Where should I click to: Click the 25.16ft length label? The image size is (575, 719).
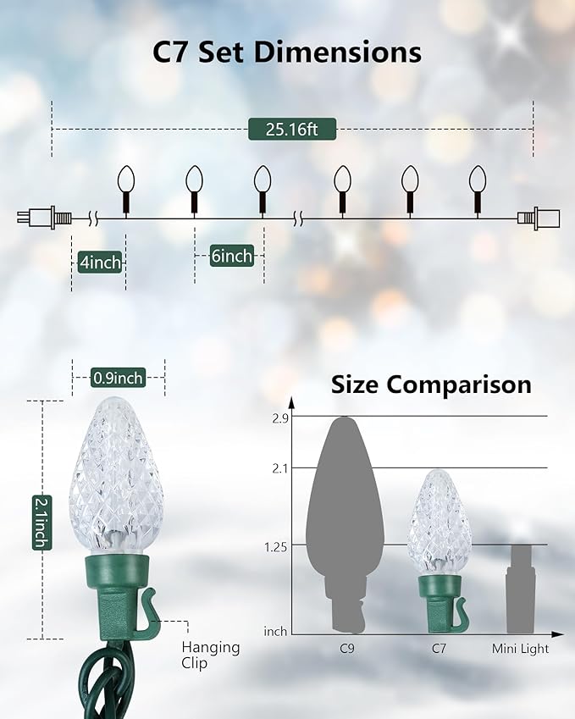292,130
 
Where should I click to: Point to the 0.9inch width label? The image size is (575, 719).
118,377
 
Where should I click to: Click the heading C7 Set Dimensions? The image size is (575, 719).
287,53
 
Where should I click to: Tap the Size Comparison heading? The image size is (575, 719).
431,385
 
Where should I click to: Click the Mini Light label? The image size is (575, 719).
521,649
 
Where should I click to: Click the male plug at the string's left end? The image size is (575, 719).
38,218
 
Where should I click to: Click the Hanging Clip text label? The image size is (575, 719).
211,655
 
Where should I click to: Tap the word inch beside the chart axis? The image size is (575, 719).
276,632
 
